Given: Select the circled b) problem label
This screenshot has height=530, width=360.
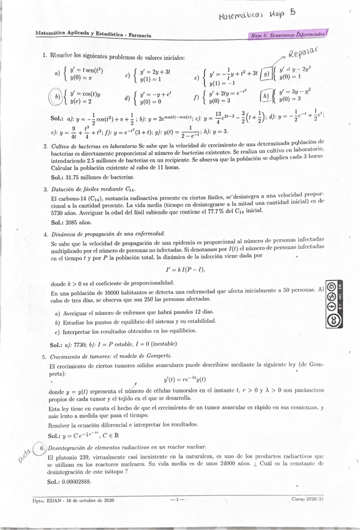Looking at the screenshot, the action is click(57, 97).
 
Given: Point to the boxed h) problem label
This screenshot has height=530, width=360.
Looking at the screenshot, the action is click(266, 95).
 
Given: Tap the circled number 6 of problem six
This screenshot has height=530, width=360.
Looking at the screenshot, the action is click(41, 449).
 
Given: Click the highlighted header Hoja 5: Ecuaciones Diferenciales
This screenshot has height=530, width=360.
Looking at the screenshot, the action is click(289, 36).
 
